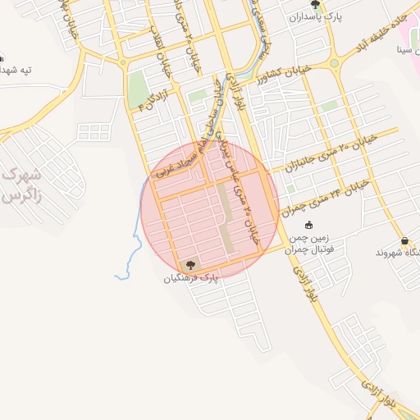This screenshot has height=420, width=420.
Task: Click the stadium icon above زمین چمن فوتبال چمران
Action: coord(308,226)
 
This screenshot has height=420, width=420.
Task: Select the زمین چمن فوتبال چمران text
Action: coord(311,244)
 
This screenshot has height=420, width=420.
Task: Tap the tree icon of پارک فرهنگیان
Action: coord(191,265)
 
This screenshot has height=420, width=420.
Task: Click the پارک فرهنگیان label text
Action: coord(191,279)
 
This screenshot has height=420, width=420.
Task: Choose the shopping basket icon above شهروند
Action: coord(405,240)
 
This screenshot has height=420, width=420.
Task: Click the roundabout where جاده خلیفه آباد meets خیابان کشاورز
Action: coord(334,64)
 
